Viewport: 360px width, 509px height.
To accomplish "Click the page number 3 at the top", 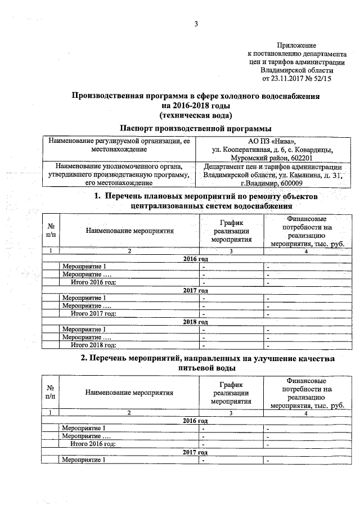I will click(x=196, y=24).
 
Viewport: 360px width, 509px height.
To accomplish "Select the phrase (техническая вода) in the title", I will click(x=195, y=114).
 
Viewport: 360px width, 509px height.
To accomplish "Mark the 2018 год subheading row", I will click(x=195, y=322).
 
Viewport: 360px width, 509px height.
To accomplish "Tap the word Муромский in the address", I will click(x=246, y=158).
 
